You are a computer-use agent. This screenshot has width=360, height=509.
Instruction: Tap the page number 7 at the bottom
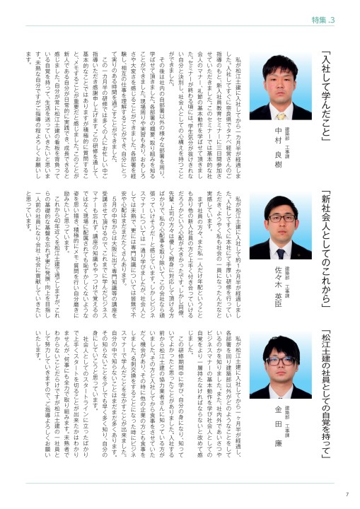[347, 493]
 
